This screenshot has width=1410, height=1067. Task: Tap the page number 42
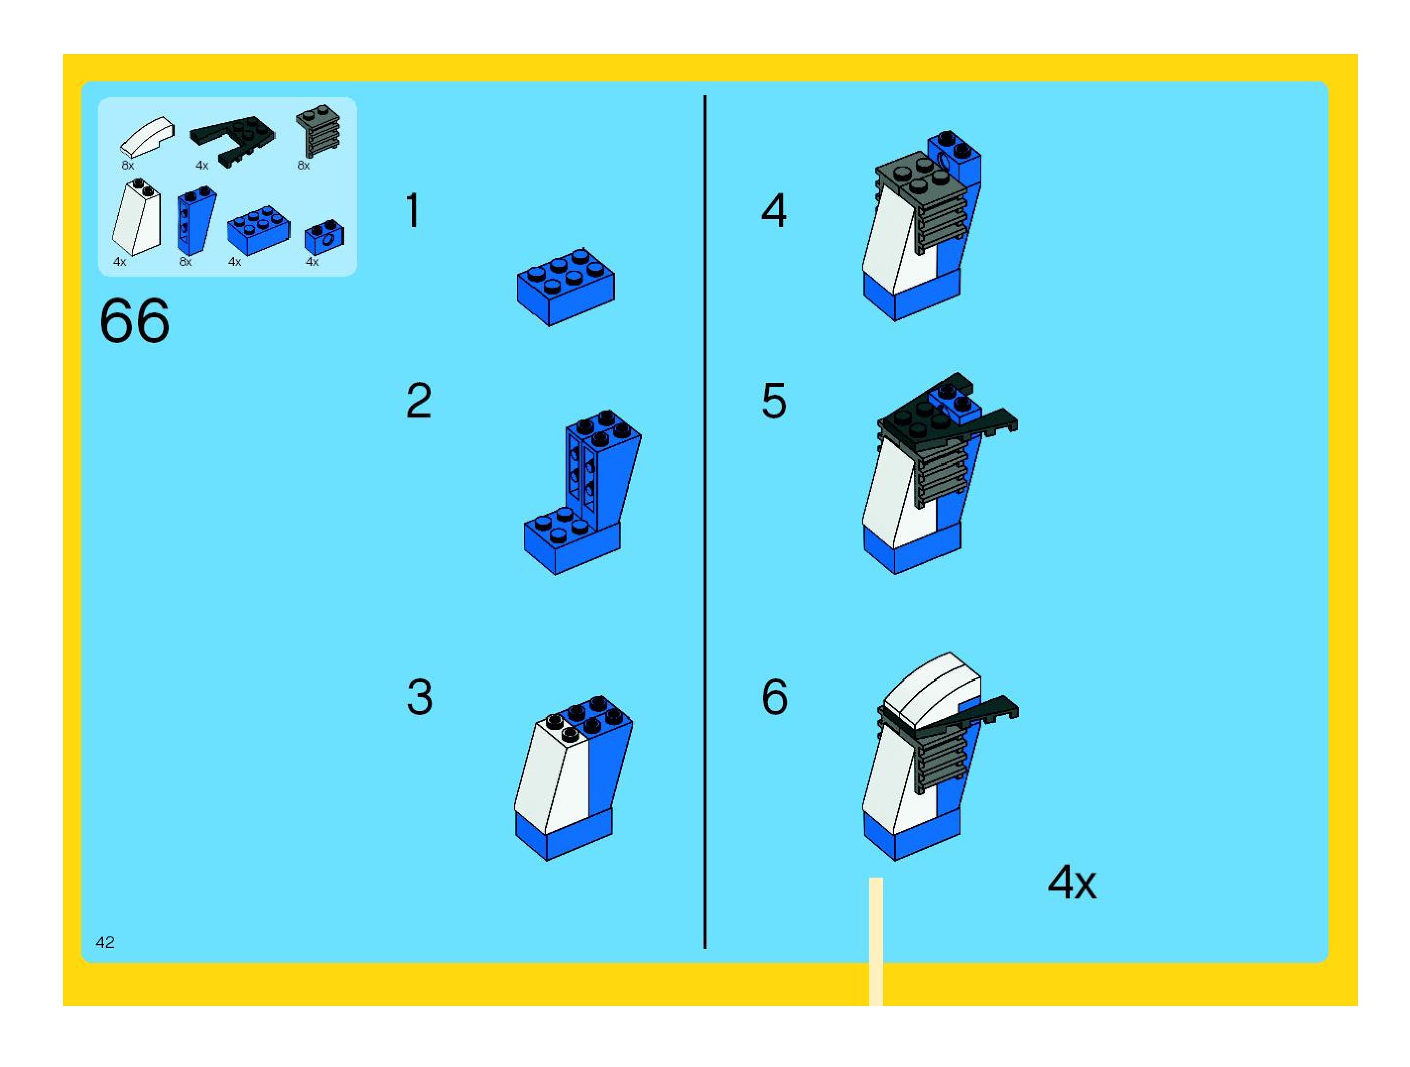tap(105, 942)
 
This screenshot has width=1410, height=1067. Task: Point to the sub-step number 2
tap(418, 401)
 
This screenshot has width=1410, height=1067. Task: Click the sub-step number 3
tap(419, 697)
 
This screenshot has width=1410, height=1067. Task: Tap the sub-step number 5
tap(774, 401)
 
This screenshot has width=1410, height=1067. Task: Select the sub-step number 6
tap(774, 697)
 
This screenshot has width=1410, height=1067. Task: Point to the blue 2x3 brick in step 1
tap(566, 287)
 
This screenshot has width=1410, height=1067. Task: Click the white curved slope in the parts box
tap(147, 136)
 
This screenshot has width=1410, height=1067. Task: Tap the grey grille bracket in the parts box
tap(318, 130)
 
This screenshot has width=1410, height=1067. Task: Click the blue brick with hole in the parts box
tap(324, 237)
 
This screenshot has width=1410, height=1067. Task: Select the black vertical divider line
tap(705, 523)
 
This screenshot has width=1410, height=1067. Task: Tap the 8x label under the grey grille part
tap(304, 166)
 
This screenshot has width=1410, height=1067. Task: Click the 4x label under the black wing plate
tap(202, 166)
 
